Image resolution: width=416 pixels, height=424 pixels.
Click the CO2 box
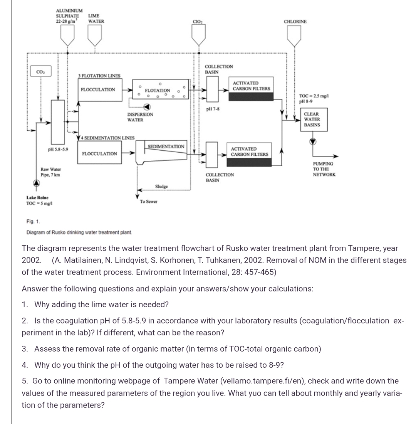tap(40, 72)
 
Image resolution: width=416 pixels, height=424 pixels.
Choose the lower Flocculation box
tap(100, 154)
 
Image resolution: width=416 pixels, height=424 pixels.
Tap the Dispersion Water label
tap(140, 117)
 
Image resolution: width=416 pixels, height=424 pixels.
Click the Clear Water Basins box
tap(312, 119)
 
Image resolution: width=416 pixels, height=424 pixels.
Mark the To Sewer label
tap(149, 202)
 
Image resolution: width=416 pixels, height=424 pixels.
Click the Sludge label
tap(161, 186)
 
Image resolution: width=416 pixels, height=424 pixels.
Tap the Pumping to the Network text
tap(324, 169)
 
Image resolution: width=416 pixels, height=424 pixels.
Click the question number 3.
tap(25, 349)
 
